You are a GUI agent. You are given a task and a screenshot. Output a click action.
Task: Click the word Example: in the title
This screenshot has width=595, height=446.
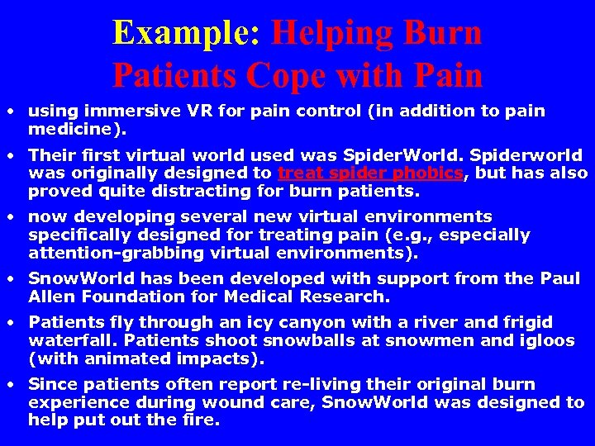coord(187,33)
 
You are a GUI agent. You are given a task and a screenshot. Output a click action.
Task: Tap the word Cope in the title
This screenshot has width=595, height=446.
coord(288,75)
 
